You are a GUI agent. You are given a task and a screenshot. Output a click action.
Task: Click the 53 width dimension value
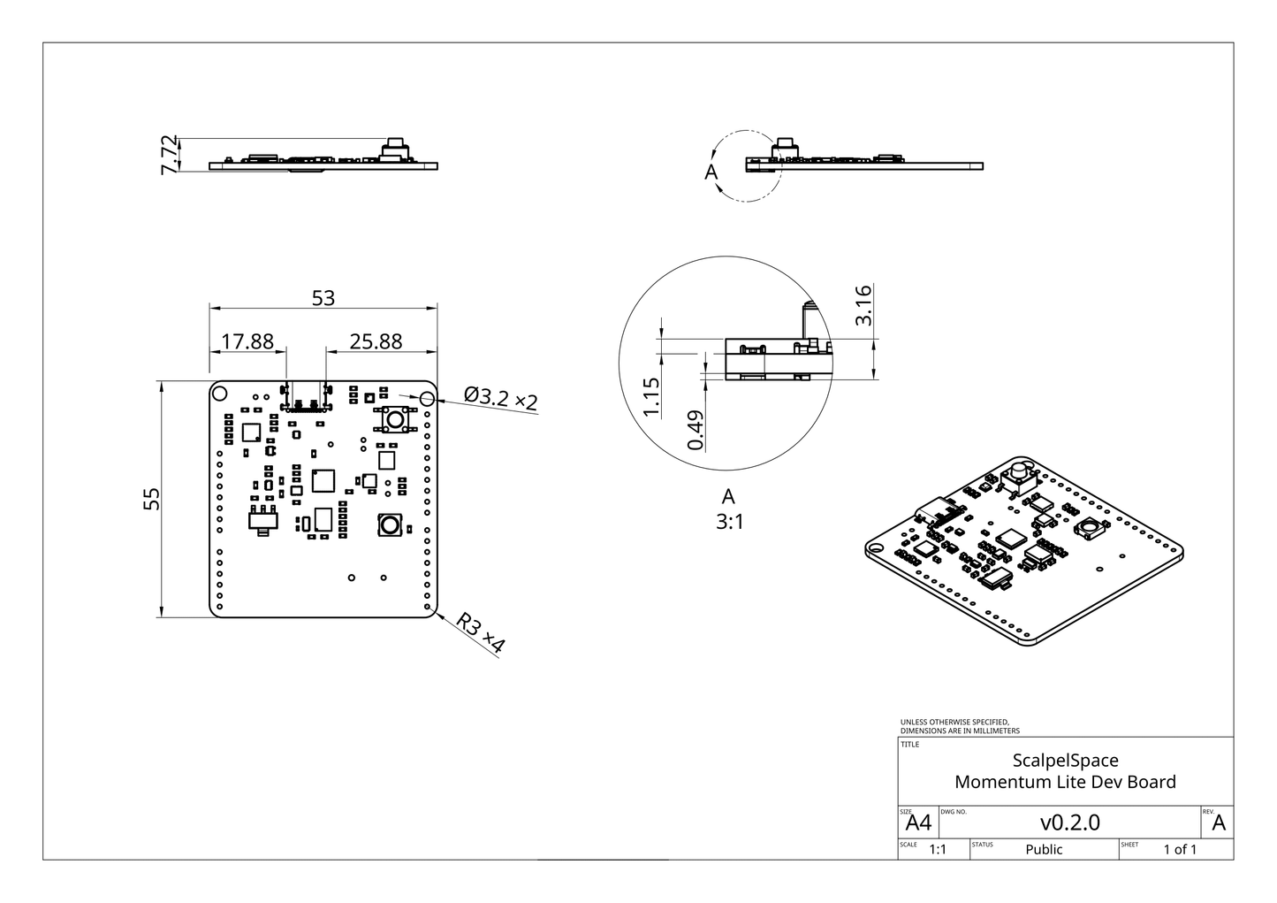323,298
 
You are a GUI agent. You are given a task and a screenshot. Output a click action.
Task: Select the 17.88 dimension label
247,341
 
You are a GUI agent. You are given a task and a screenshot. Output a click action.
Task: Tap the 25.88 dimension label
376,341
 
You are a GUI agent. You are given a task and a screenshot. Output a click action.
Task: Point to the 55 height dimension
152,499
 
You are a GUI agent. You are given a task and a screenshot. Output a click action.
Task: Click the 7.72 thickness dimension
169,155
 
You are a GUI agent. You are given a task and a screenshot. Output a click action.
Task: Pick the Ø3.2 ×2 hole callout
500,398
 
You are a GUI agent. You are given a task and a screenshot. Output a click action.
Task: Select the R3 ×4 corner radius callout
481,632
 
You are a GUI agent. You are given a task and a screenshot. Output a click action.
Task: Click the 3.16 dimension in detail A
864,305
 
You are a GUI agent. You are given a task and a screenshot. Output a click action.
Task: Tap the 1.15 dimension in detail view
651,396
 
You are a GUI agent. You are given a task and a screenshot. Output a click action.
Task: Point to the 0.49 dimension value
696,430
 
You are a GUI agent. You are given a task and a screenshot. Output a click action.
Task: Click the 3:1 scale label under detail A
730,523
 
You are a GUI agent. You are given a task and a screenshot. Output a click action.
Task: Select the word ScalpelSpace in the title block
1065,761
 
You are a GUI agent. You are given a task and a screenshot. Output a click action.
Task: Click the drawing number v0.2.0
1069,823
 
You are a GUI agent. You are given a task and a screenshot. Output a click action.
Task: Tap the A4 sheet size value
919,823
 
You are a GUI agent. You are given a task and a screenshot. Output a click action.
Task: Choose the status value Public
1044,850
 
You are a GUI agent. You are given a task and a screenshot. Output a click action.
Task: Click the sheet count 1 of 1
1180,850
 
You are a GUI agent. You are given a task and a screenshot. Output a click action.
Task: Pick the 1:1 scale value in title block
937,850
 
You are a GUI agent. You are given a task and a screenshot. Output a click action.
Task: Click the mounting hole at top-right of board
427,400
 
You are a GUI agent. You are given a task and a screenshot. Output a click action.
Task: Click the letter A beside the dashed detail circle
711,172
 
